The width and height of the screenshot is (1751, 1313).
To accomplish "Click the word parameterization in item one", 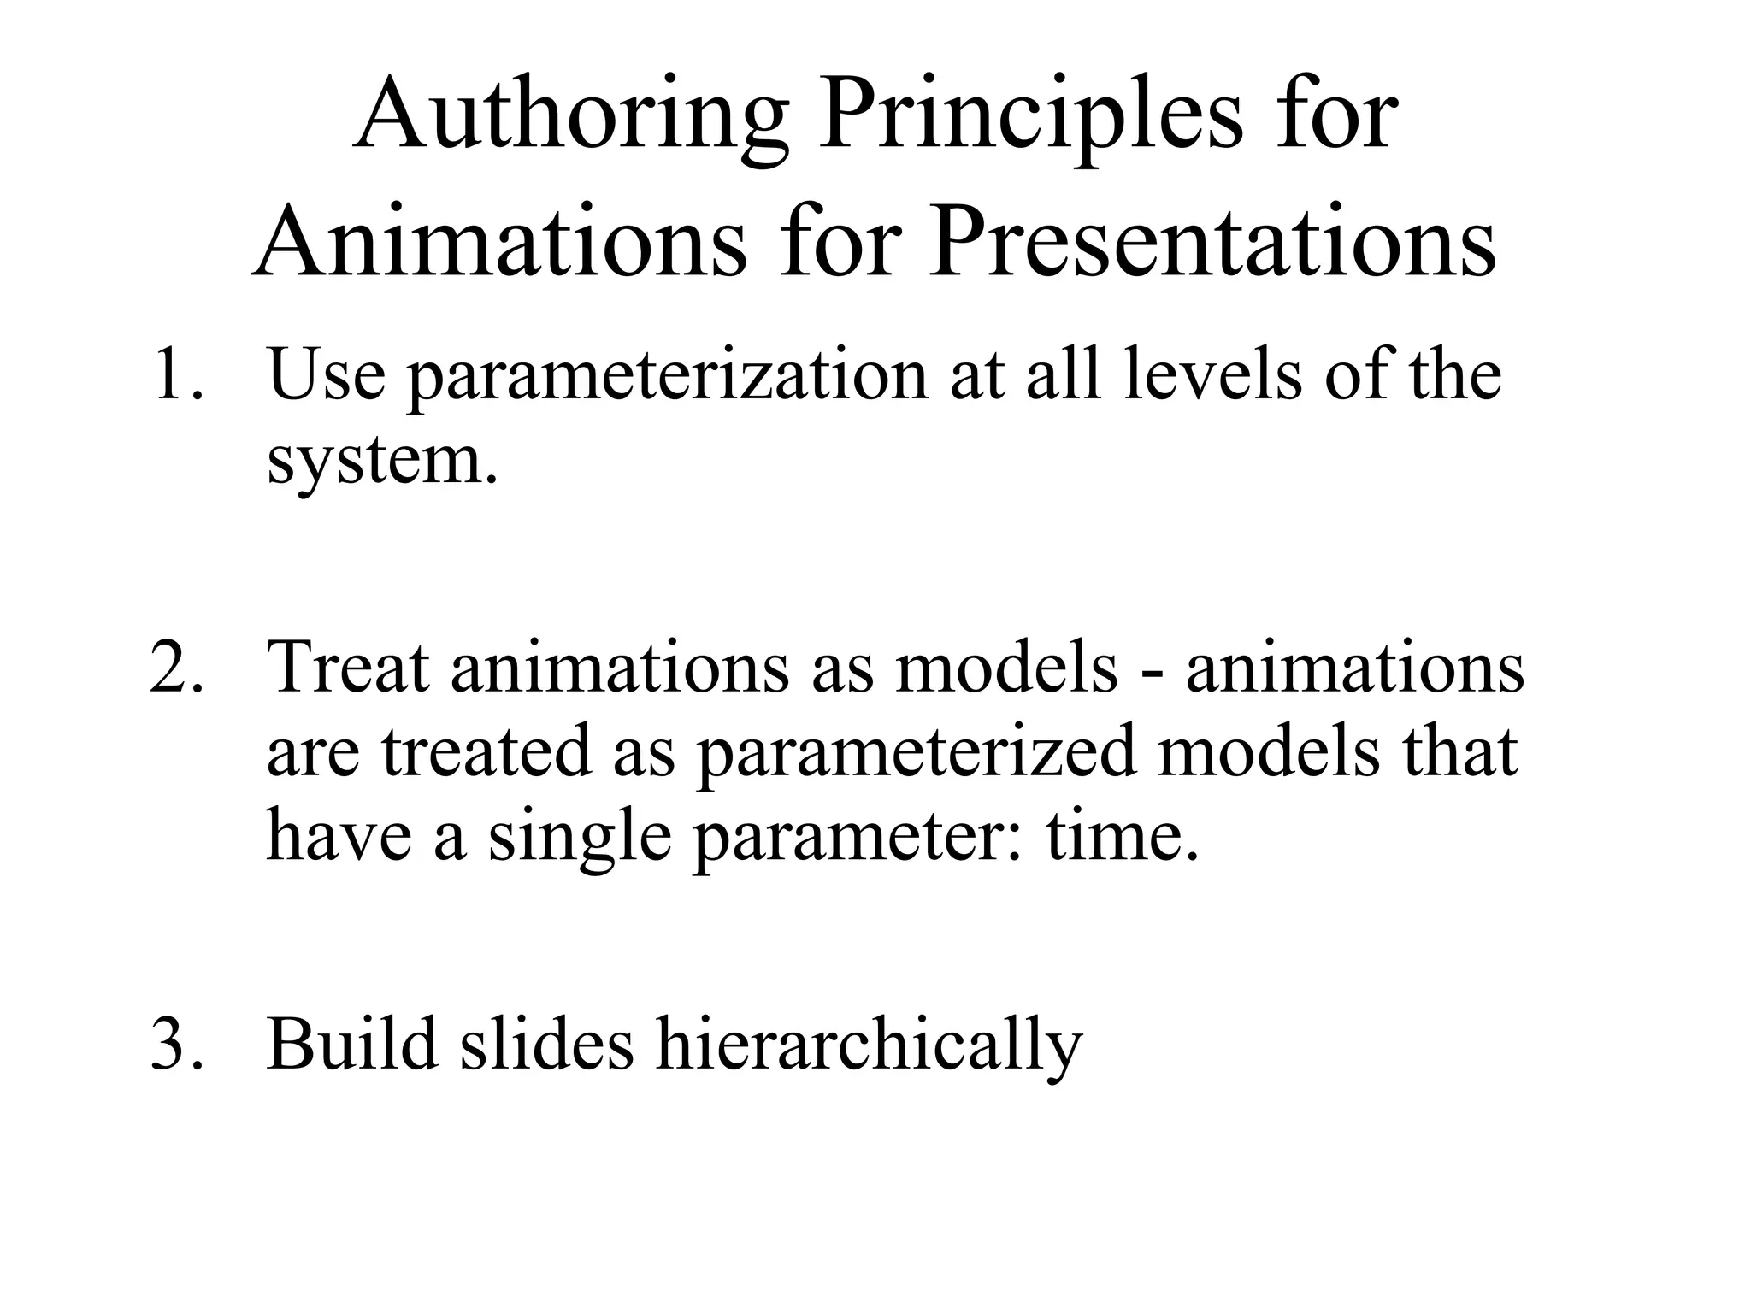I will [x=668, y=376].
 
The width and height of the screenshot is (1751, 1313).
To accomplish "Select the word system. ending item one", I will [x=381, y=462].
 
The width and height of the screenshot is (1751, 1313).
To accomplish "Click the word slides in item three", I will [x=546, y=1044].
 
